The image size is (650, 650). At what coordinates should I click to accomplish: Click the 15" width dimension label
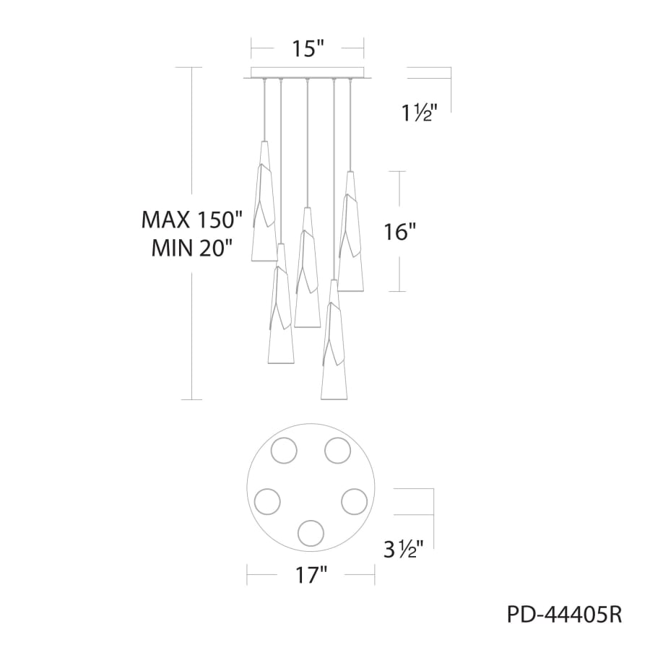pos(307,49)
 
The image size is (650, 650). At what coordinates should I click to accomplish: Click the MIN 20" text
pos(191,248)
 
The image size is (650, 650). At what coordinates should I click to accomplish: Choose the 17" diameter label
pos(311,576)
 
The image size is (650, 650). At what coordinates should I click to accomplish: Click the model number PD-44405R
pos(564,615)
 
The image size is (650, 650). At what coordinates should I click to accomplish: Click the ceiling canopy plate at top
pos(306,74)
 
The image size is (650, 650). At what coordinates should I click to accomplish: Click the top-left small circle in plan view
pos(282,451)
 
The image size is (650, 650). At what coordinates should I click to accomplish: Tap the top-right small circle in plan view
pos(337,450)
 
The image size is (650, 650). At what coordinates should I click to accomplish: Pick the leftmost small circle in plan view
pos(267,500)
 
